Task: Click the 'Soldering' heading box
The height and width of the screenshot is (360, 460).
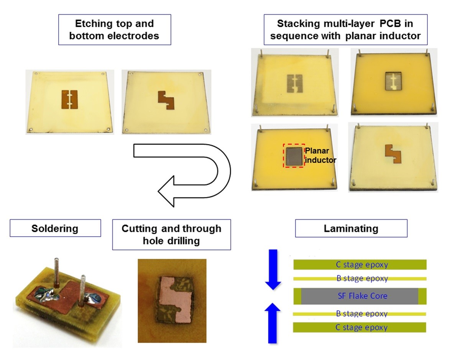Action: pos(55,228)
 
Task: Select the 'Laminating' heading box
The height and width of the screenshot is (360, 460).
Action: pos(351,229)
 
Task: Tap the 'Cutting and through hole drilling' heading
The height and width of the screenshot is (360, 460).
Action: pos(171,235)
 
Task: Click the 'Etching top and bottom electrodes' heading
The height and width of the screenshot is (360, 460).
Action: pos(114,30)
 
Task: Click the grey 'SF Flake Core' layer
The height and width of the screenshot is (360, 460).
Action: pos(359,296)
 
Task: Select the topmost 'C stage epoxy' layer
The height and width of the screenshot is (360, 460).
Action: pos(360,265)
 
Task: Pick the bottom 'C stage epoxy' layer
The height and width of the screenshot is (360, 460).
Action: pos(360,327)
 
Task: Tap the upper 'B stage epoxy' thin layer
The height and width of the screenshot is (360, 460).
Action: pos(360,279)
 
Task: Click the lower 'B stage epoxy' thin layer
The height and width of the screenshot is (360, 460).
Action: pos(360,314)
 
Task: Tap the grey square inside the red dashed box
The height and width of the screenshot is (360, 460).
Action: pos(294,155)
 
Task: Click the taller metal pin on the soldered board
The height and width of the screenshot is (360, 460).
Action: pos(56,271)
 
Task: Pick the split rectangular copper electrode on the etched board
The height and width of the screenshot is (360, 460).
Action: pos(70,99)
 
